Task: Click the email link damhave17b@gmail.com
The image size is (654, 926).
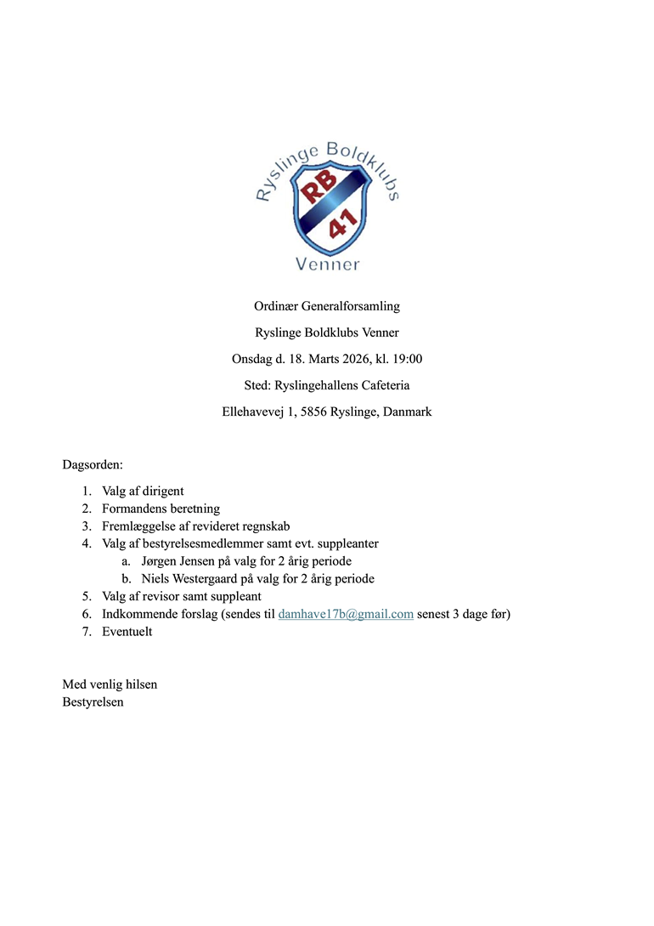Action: (346, 614)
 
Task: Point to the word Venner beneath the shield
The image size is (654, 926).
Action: (327, 264)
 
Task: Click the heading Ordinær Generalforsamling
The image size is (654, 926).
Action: (327, 305)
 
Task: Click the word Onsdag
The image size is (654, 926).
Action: (252, 359)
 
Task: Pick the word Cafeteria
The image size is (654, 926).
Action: (382, 385)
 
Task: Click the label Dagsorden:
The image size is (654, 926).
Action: (93, 465)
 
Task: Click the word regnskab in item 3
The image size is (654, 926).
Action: (266, 526)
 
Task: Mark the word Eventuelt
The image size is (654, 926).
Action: (127, 632)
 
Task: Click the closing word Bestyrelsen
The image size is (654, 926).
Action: (93, 702)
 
